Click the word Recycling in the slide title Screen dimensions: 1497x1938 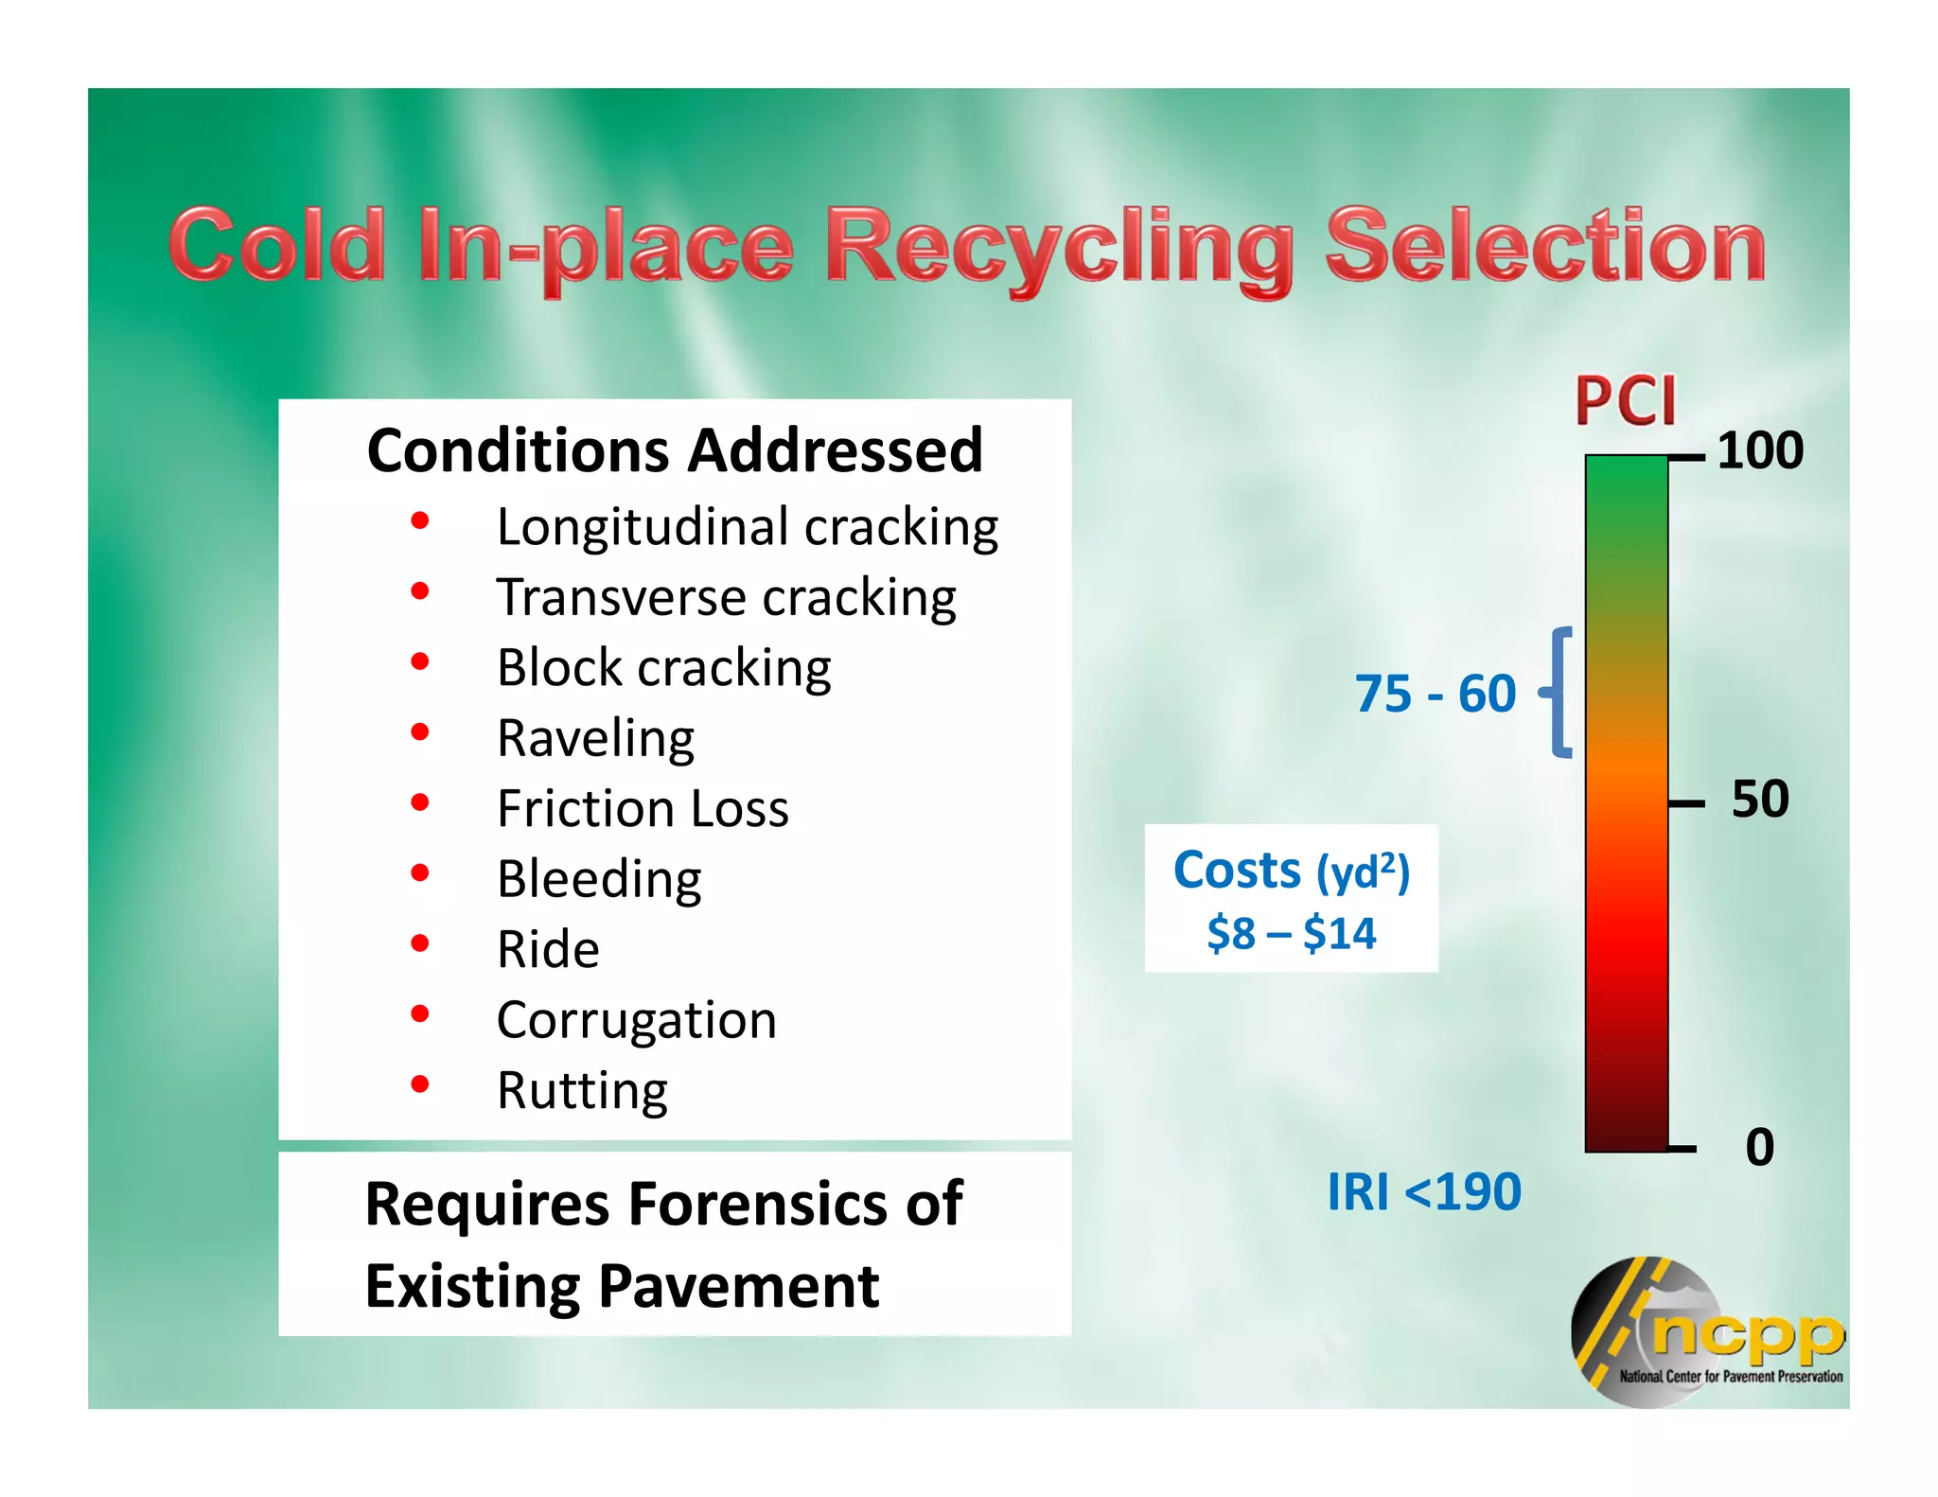pos(1058,248)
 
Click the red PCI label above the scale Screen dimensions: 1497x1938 pos(1625,401)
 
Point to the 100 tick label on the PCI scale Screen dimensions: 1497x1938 pos(1760,450)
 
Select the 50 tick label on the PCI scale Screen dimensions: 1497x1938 pos(1760,799)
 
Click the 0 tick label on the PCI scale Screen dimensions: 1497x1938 pos(1759,1147)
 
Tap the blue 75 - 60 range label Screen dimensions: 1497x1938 pos(1435,694)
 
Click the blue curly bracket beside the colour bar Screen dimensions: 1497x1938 pos(1558,693)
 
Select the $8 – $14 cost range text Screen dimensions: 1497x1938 pos(1291,934)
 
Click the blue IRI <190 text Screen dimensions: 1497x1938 pos(1424,1191)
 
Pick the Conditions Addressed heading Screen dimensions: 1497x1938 pos(675,450)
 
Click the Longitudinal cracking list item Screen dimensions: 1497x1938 pos(747,527)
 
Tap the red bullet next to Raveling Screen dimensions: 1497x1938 pos(420,731)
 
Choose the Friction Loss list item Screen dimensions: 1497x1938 pos(643,809)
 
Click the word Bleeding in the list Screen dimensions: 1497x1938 pos(599,879)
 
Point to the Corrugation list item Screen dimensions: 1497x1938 pos(636,1020)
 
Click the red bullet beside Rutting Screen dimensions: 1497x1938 pos(420,1084)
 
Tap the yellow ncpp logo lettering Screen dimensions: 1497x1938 pos(1747,1334)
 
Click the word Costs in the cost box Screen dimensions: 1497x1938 pos(1237,871)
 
